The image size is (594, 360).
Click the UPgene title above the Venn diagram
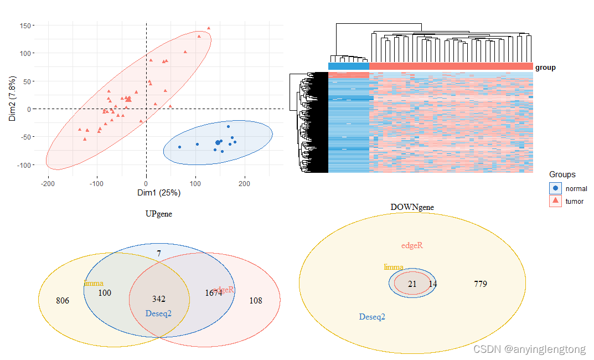click(158, 214)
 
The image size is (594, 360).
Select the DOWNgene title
click(412, 207)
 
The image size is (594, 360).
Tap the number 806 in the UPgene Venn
click(63, 301)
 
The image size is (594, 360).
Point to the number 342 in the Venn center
click(159, 299)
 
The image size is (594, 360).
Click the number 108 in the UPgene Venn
click(256, 301)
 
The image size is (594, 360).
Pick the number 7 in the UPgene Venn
click(159, 254)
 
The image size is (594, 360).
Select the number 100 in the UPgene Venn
click(105, 292)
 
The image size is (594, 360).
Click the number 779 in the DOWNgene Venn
click(481, 284)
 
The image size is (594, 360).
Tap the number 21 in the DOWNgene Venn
click(412, 284)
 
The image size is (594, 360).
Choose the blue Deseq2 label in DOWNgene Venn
click(372, 317)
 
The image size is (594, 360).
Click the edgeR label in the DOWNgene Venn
click(412, 246)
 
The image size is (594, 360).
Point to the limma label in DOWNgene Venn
click(394, 267)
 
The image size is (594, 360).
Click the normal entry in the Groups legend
click(576, 188)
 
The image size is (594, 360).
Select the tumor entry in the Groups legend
click(574, 202)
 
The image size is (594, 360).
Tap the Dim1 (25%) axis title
click(159, 193)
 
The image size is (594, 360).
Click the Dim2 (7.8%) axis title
click(13, 99)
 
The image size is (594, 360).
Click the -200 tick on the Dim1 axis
click(48, 184)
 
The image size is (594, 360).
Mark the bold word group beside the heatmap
click(545, 68)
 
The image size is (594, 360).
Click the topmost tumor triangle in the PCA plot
click(209, 28)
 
